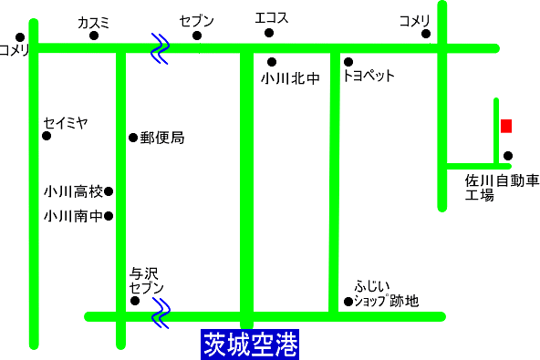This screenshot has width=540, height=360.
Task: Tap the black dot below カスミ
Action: pos(93,36)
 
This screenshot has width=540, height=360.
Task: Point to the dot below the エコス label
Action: pos(269,34)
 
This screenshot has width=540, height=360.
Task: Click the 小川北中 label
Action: pos(290,79)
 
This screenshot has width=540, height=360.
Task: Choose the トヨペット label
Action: pos(369,77)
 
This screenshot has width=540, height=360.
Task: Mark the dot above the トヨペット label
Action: pos(348,62)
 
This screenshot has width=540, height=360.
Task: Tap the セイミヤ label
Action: pos(65,121)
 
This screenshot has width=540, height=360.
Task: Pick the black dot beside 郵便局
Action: pos(133,139)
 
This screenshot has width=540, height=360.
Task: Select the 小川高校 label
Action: pos(73,192)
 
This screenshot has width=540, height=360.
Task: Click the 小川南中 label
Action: pos(73,217)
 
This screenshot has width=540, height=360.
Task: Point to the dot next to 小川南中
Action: pos(109,217)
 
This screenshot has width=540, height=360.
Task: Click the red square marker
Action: pos(505,126)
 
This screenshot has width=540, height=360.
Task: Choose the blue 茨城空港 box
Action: pos(250,345)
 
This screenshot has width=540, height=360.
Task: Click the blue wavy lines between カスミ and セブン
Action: pos(161,48)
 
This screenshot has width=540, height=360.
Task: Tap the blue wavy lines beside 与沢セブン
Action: pos(161,314)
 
